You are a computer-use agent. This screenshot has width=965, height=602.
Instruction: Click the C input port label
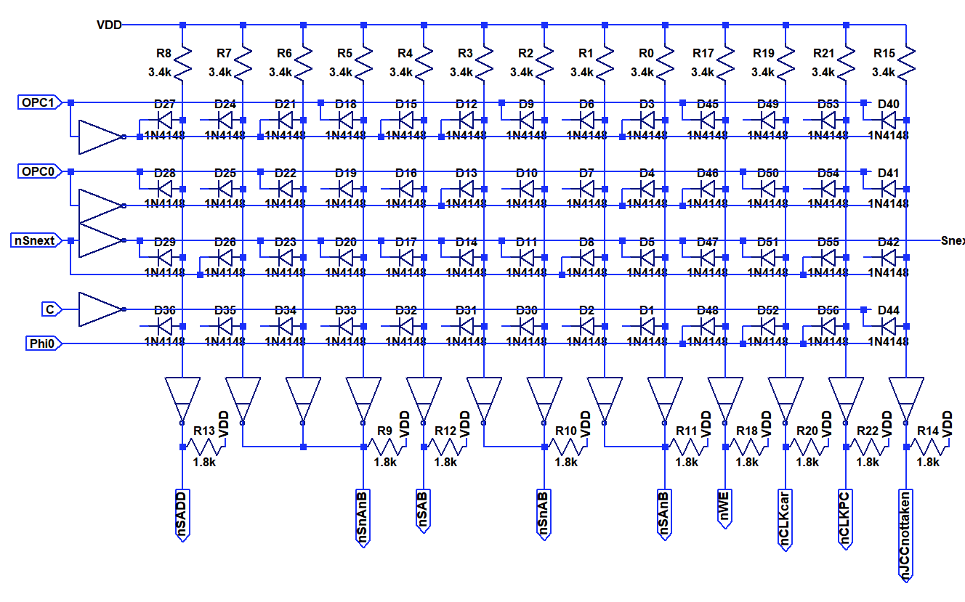(x=50, y=309)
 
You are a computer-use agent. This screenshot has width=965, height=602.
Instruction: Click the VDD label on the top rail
(x=109, y=25)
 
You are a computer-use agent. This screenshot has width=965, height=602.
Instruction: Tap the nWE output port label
(x=724, y=509)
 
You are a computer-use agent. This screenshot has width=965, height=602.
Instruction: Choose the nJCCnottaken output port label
(x=906, y=535)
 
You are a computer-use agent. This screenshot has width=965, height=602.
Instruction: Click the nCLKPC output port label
(x=845, y=516)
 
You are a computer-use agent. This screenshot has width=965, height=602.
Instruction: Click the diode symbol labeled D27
(x=165, y=120)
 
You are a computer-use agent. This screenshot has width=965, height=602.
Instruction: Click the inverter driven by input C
(x=100, y=309)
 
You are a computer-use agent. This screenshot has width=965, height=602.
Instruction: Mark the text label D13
(x=467, y=174)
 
